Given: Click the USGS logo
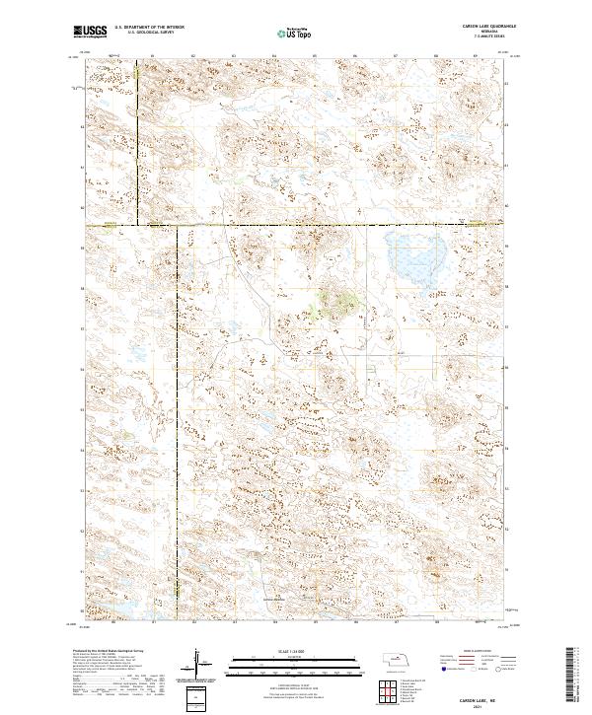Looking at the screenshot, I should click(90, 32).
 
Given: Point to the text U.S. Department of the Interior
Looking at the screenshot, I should click(148, 29).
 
